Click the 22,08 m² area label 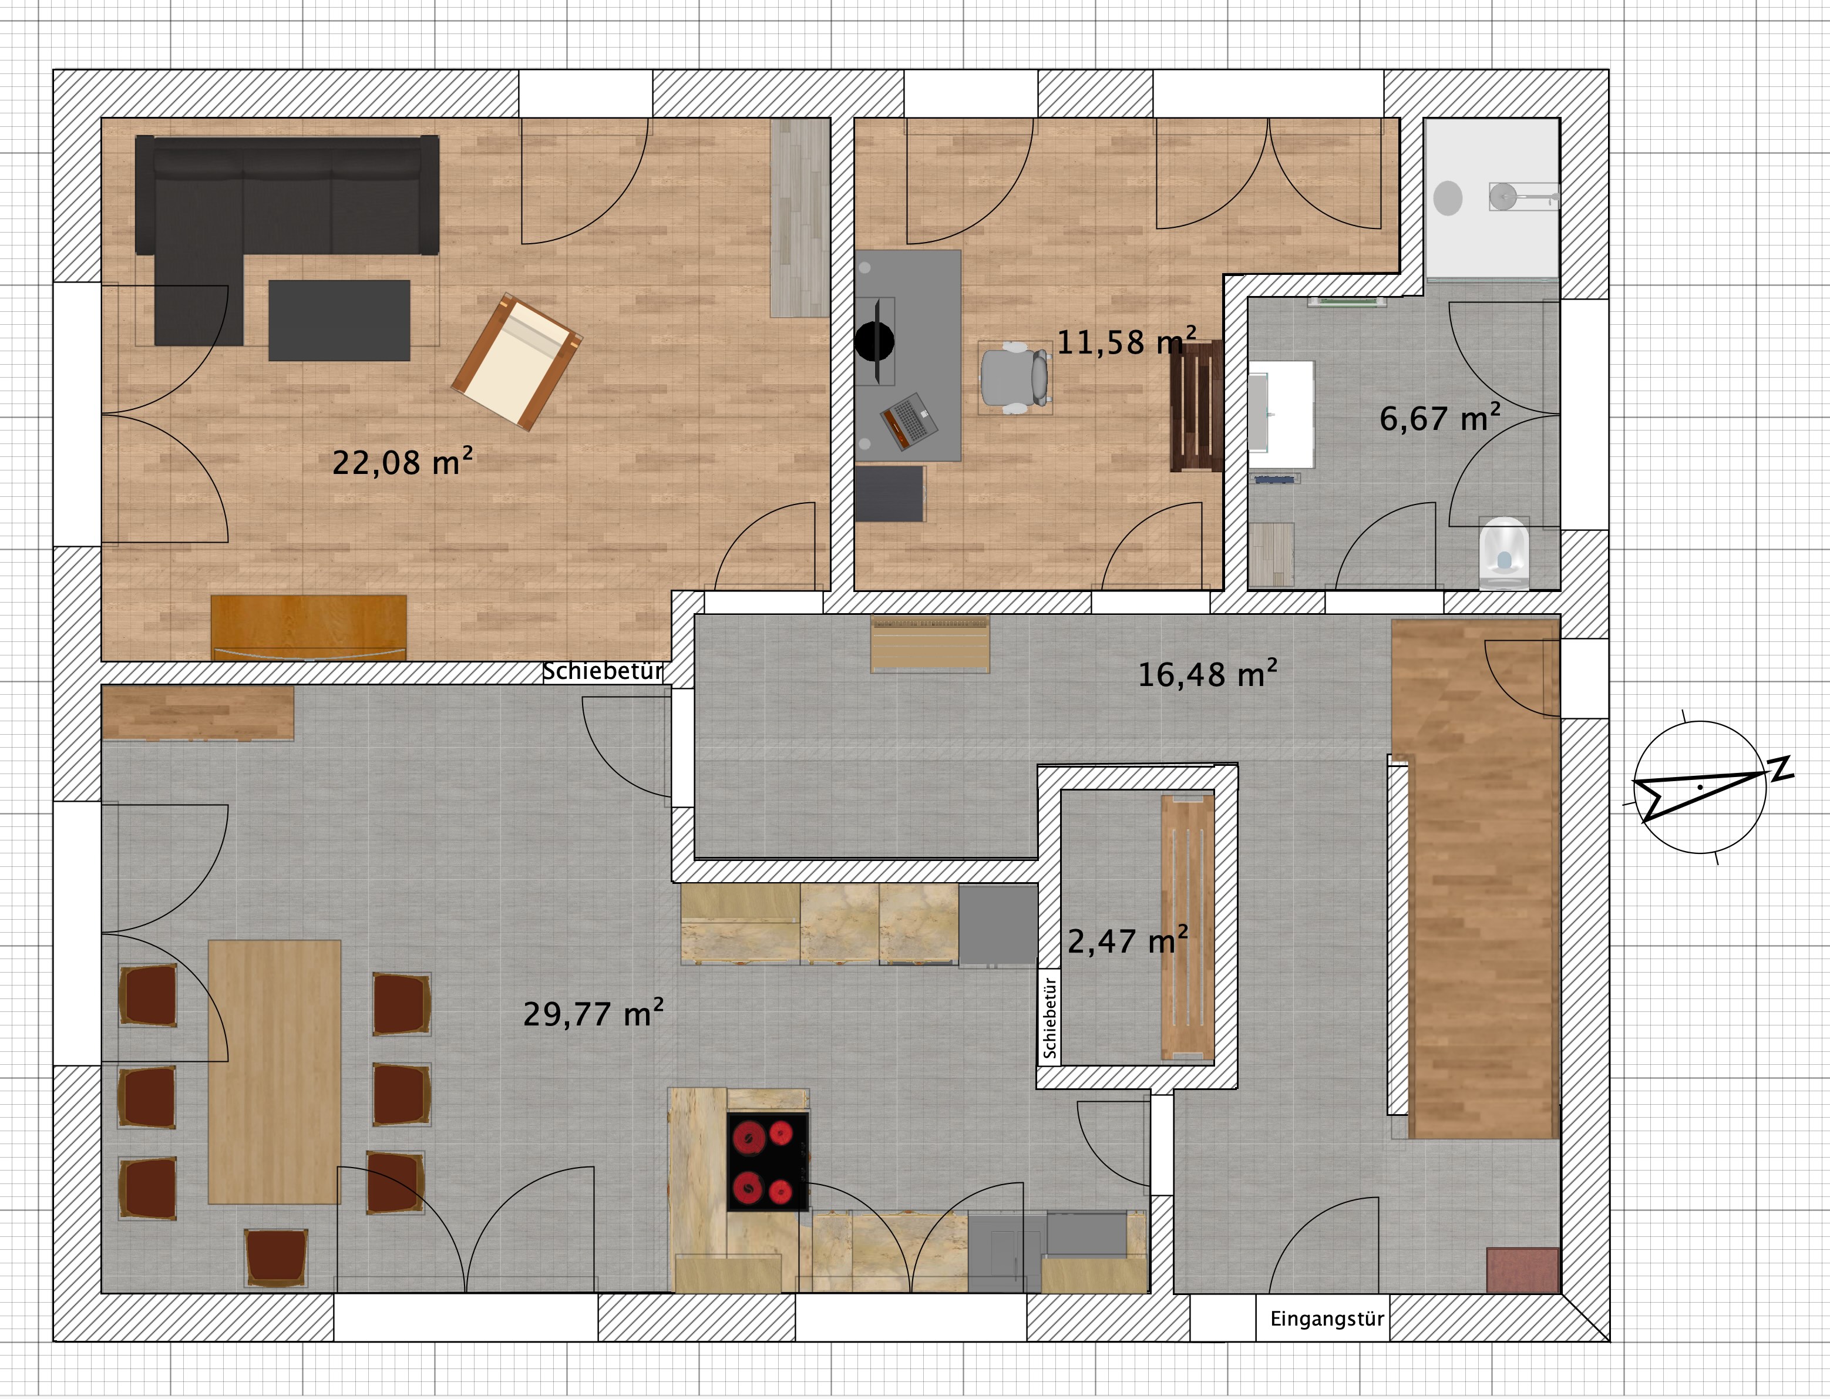coord(402,461)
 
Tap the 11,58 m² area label coord(1126,341)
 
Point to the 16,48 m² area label coord(1207,673)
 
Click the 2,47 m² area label coord(1128,940)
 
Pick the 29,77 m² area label coord(593,1013)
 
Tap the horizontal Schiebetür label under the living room coord(603,671)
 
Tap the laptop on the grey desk coord(909,421)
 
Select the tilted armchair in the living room coord(517,362)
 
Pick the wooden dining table coord(274,1072)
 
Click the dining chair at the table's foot coord(275,1257)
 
